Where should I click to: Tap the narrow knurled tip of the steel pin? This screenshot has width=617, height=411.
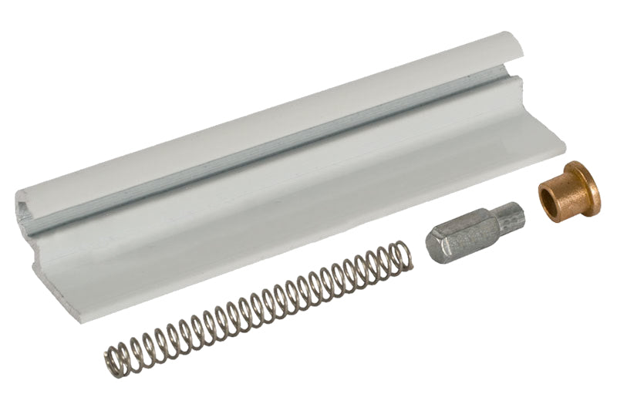pyautogui.click(x=510, y=215)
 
